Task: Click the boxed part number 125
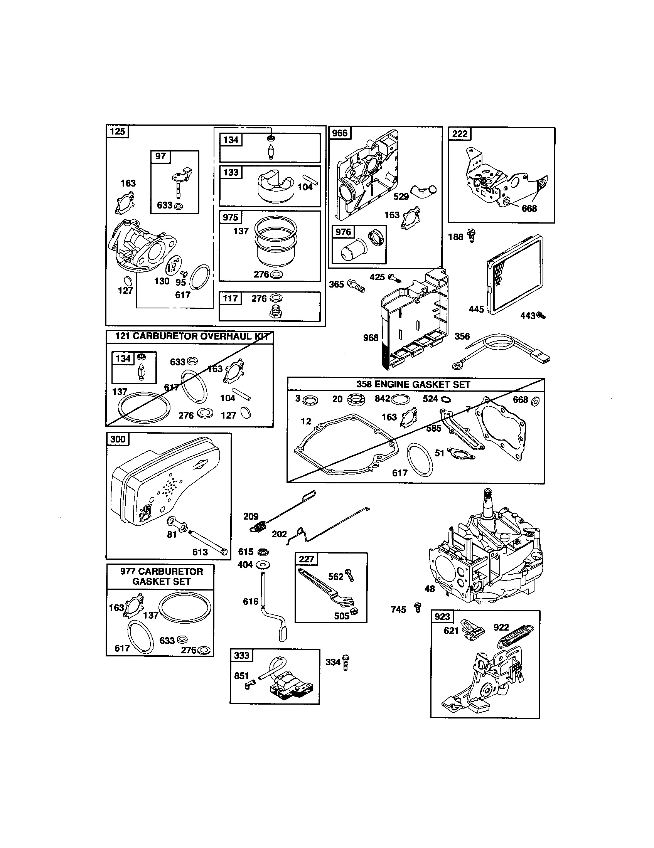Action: pos(117,131)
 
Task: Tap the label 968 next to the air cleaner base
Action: pos(370,337)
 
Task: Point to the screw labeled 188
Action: pos(472,235)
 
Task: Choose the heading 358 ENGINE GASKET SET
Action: pos(413,384)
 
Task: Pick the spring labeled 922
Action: pos(516,637)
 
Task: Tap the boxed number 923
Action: pos(442,617)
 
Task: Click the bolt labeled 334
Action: pos(346,662)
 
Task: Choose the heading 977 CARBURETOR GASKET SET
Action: pos(161,576)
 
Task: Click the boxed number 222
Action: pos(460,134)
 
